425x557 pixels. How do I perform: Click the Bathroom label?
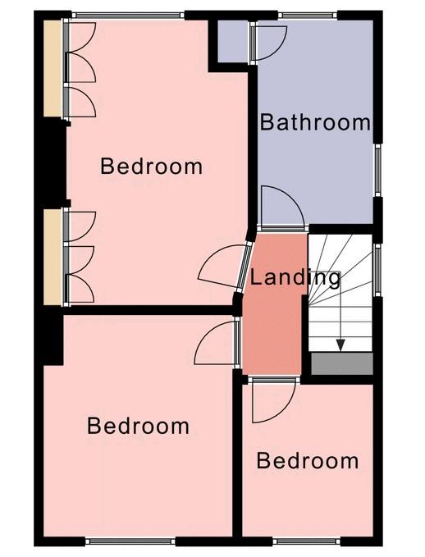[315, 122]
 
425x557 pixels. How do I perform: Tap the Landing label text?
[295, 278]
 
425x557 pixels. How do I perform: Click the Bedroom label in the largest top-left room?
[152, 167]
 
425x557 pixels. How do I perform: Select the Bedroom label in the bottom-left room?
[138, 426]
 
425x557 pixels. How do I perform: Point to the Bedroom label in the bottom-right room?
[308, 461]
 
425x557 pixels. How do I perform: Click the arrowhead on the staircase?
[340, 345]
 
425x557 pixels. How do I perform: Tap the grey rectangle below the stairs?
[342, 363]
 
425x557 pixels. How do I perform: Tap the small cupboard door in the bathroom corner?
[267, 43]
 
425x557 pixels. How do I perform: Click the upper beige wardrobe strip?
[53, 69]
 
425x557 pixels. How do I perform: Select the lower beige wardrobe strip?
[53, 257]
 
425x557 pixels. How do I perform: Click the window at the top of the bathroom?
[307, 16]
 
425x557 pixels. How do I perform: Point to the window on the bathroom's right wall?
[377, 170]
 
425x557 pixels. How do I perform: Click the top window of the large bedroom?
[128, 16]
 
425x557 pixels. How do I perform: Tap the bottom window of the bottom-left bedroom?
[130, 541]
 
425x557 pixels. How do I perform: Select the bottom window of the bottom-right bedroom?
[307, 541]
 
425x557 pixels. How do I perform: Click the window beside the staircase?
[377, 270]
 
